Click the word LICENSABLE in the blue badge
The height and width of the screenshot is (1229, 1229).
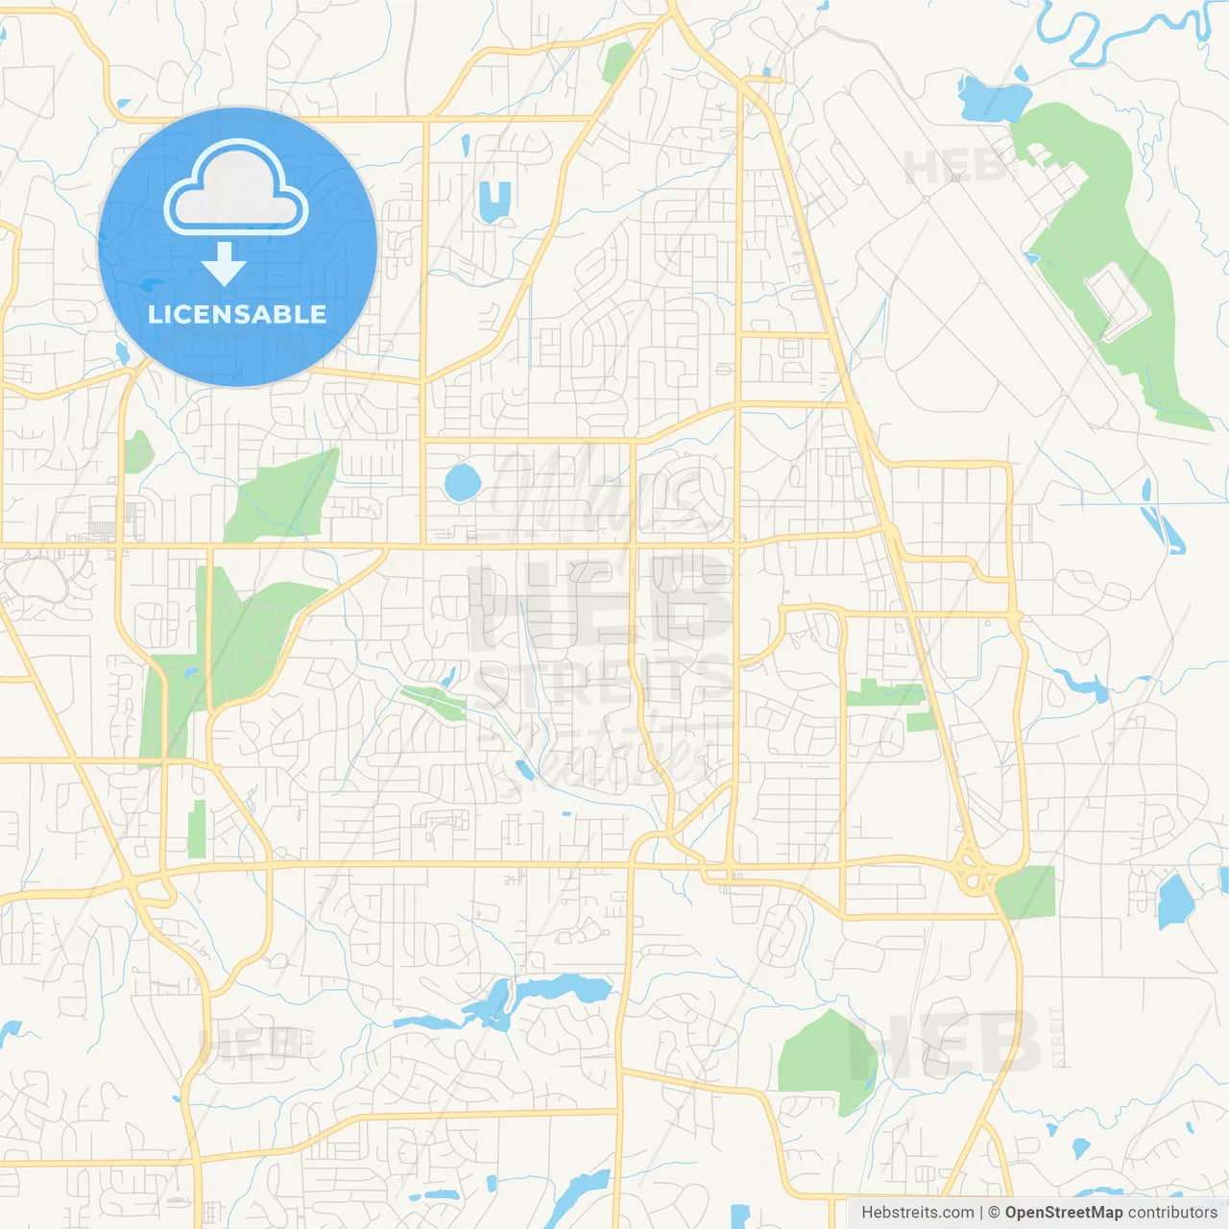[x=237, y=314]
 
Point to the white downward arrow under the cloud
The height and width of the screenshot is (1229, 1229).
[x=224, y=263]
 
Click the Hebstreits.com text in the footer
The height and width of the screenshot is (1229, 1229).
[x=917, y=1213]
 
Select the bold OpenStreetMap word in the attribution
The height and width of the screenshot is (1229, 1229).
[x=1063, y=1213]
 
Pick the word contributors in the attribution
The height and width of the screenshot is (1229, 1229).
[x=1172, y=1213]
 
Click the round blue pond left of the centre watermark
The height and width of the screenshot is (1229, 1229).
[x=462, y=482]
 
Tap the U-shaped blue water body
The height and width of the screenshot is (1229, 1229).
[x=494, y=200]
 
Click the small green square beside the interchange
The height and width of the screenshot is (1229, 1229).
[x=1025, y=891]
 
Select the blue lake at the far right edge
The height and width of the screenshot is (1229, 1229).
[x=1174, y=901]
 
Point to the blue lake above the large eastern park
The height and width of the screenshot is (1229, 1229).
[x=994, y=98]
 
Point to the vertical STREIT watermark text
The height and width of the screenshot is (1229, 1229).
[x=1058, y=1037]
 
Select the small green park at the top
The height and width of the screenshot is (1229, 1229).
[x=616, y=62]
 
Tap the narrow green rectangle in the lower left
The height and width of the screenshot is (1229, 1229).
[x=197, y=829]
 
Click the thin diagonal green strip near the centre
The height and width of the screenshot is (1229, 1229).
[x=434, y=703]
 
